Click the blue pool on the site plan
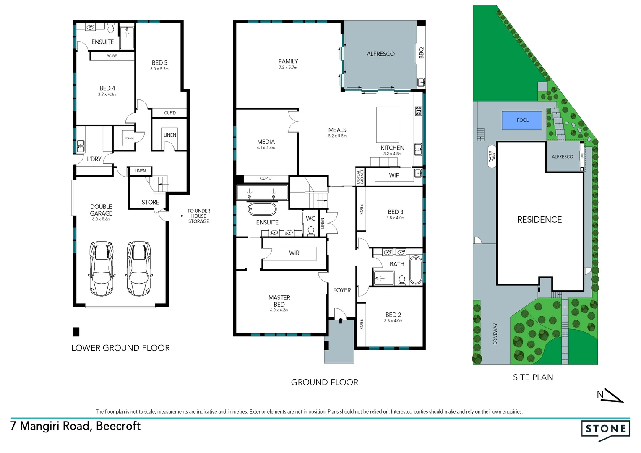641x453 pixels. pyautogui.click(x=522, y=120)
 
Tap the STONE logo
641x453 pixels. pyautogui.click(x=605, y=429)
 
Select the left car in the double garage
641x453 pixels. pyautogui.click(x=101, y=268)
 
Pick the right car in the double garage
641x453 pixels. pyautogui.click(x=139, y=268)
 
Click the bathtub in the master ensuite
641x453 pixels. pyautogui.click(x=262, y=209)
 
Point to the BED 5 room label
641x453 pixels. pyautogui.click(x=159, y=63)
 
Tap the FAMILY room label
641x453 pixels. pyautogui.click(x=288, y=61)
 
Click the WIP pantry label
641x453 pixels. pyautogui.click(x=394, y=175)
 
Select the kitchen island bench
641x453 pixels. pyautogui.click(x=388, y=125)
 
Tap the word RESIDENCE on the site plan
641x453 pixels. pyautogui.click(x=539, y=220)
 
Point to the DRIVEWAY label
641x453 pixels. pyautogui.click(x=495, y=334)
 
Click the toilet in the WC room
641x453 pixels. pyautogui.click(x=311, y=231)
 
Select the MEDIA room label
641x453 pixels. pyautogui.click(x=266, y=142)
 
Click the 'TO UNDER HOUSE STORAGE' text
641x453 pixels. pyautogui.click(x=198, y=216)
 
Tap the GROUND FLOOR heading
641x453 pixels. pyautogui.click(x=324, y=382)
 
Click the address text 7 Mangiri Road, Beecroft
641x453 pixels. pyautogui.click(x=76, y=426)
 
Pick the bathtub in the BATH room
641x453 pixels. pyautogui.click(x=415, y=270)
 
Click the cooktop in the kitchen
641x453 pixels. pyautogui.click(x=418, y=111)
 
